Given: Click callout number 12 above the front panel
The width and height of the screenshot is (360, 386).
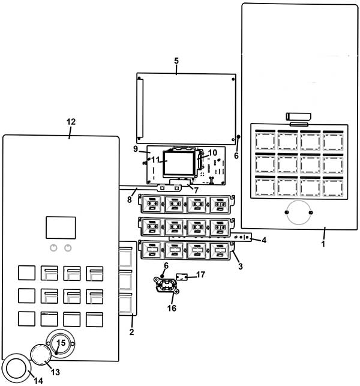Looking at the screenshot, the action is [x=71, y=122].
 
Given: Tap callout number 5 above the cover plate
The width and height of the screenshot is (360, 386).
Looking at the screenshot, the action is [x=176, y=61].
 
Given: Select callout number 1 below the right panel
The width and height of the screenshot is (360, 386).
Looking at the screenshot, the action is [x=323, y=244].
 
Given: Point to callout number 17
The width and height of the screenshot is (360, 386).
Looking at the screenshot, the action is [x=201, y=274].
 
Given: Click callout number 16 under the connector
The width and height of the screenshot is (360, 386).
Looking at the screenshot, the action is [x=172, y=308].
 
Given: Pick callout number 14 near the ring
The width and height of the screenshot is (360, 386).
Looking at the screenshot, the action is [x=38, y=381].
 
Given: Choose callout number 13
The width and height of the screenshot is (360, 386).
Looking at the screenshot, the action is [x=55, y=372].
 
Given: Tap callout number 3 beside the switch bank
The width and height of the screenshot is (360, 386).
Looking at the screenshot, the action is [x=241, y=266].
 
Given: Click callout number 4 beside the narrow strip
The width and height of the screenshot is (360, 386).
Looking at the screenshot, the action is [x=264, y=240].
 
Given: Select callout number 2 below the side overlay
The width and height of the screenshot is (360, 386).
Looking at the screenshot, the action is [x=131, y=332].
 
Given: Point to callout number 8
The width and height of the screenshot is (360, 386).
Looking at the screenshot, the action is [x=130, y=199].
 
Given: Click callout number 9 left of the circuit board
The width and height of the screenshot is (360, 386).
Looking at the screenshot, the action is [x=136, y=149].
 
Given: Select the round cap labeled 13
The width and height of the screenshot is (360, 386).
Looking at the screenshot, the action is [x=41, y=355].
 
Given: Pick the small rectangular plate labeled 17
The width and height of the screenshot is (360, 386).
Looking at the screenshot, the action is [x=182, y=277].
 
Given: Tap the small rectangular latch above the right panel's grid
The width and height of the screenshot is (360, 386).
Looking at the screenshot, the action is [x=298, y=116].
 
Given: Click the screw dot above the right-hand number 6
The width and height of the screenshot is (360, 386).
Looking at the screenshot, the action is [x=238, y=137].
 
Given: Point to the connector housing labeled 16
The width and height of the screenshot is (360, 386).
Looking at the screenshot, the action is [x=166, y=285].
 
